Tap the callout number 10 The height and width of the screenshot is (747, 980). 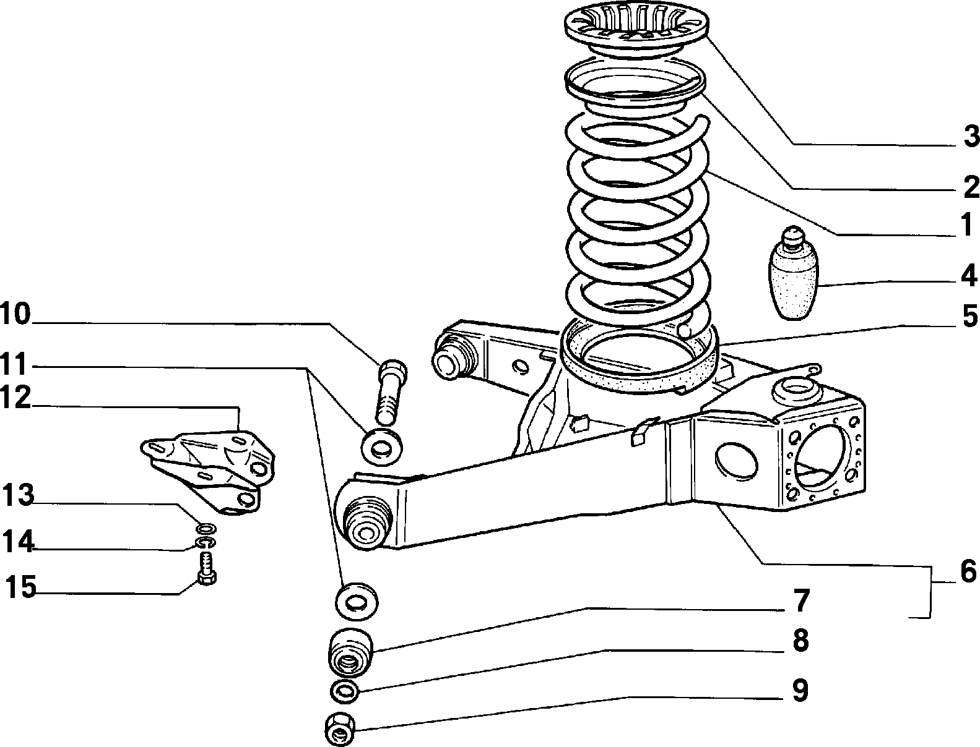coord(15,314)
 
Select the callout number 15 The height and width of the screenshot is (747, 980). coord(20,586)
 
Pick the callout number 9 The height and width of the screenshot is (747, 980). coord(800,690)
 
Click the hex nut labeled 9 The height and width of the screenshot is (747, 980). coord(340,728)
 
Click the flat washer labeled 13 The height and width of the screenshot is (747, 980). coord(206,529)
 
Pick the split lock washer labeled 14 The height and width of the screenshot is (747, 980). coord(206,543)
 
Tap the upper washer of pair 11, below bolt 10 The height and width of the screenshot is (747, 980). coord(381,446)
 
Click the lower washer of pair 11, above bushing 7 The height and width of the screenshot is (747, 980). coord(357,600)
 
